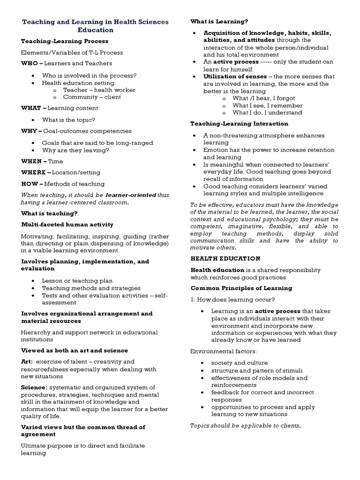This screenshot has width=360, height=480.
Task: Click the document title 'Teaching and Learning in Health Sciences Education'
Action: tap(96, 26)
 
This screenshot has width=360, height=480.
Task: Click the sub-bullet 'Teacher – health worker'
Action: tap(99, 90)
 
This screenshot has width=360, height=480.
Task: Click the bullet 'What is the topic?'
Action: tap(68, 120)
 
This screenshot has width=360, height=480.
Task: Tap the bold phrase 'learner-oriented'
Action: tap(130, 195)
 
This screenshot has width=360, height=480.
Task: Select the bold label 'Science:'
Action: tap(34, 387)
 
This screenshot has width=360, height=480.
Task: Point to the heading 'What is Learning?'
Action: tap(219, 22)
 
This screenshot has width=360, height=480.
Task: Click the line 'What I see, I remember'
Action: tap(267, 105)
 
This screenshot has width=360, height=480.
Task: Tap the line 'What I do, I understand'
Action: tap(267, 112)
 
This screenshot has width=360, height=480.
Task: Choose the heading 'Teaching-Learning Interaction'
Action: tap(239, 124)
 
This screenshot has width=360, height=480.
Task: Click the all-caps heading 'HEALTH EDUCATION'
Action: tap(225, 258)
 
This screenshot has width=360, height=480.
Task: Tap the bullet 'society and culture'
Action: tap(240, 363)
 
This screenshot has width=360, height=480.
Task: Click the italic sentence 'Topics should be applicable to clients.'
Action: tap(245, 426)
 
